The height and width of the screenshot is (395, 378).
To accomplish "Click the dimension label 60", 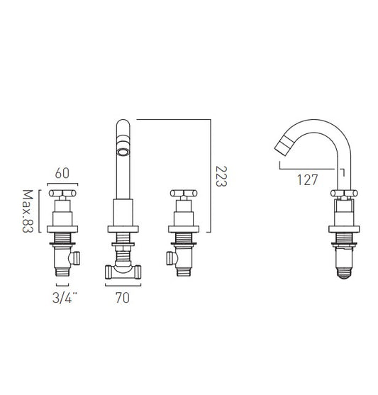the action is click(x=62, y=173).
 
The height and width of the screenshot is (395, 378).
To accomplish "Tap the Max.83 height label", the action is click(x=28, y=211).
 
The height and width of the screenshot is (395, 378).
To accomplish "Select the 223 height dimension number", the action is click(x=221, y=176).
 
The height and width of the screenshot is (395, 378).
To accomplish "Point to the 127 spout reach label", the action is click(x=308, y=180).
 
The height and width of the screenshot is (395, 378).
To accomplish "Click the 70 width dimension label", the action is click(x=123, y=298).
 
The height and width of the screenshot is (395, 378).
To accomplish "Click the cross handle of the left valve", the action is click(x=62, y=193).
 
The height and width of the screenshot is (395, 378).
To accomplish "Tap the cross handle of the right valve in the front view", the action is click(x=184, y=193).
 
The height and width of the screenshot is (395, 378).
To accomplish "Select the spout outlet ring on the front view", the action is click(x=123, y=152).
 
